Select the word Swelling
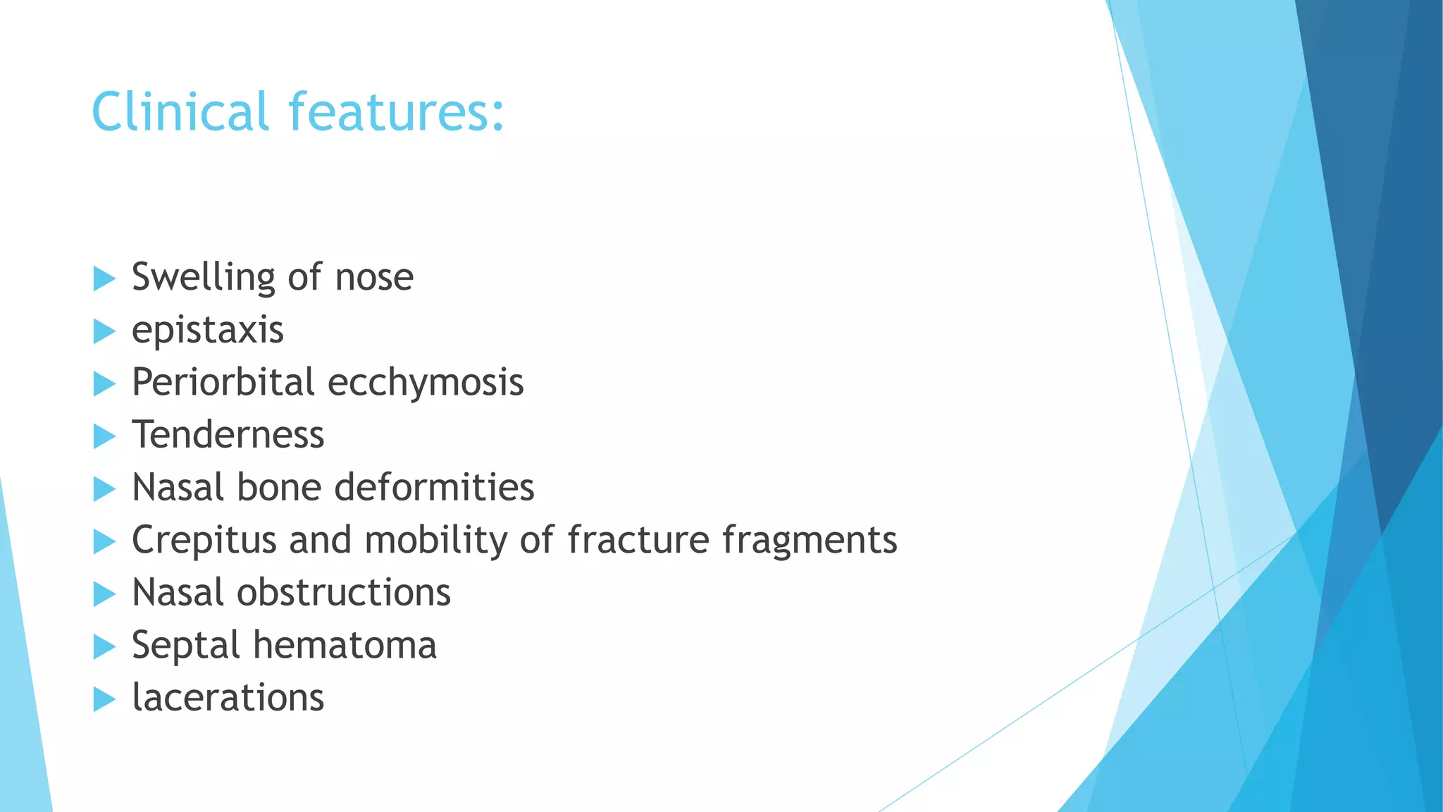click(x=203, y=278)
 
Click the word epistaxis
click(x=208, y=331)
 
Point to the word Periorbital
click(x=223, y=382)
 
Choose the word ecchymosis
click(x=426, y=383)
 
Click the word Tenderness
click(x=228, y=434)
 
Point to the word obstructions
click(x=344, y=592)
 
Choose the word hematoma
click(x=345, y=645)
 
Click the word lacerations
click(x=228, y=698)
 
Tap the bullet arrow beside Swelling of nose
click(x=104, y=279)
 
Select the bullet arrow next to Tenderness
click(x=104, y=436)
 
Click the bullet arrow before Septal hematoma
click(x=104, y=647)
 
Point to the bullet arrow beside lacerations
click(x=104, y=699)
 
